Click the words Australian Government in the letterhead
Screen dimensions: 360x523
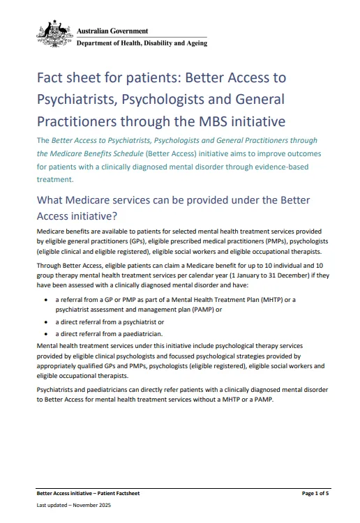[112, 31]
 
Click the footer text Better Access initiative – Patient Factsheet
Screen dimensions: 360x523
[88, 494]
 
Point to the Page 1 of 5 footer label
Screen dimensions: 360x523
[315, 494]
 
